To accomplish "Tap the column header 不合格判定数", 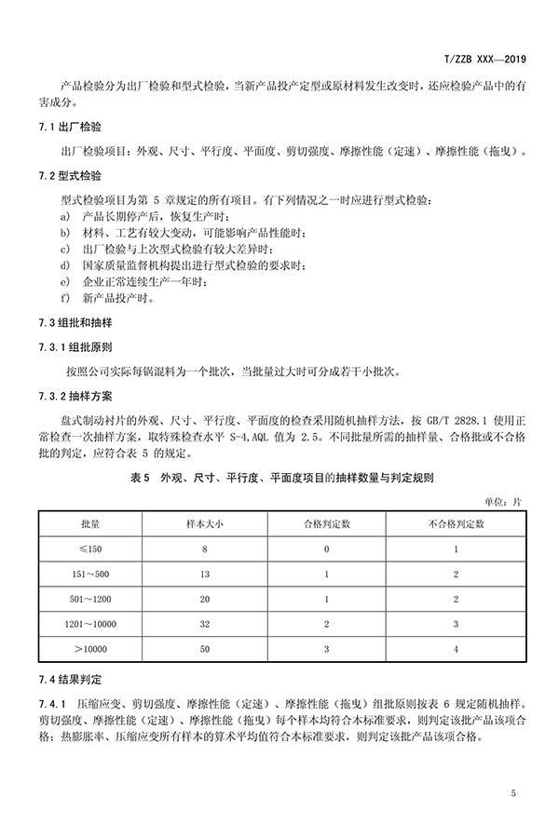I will point(457,525).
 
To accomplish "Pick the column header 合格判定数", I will point(327,525).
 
